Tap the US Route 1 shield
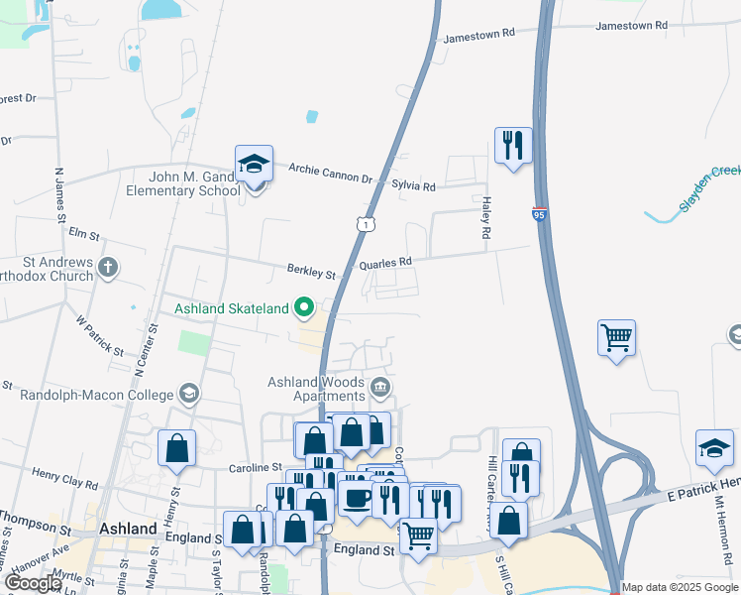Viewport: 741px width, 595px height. click(367, 226)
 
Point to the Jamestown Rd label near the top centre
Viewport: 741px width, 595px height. click(480, 34)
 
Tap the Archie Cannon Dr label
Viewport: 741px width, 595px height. click(330, 174)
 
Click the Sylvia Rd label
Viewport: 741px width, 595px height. click(414, 185)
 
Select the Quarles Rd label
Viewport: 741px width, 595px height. click(385, 263)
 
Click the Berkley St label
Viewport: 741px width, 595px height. click(312, 270)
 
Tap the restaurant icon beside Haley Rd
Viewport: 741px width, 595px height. click(513, 145)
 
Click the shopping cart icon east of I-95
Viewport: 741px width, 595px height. click(616, 338)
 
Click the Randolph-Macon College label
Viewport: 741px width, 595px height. click(97, 395)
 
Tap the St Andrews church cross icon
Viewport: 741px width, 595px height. click(108, 267)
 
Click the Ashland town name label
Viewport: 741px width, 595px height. click(128, 529)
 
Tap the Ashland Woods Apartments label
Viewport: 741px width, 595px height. click(316, 389)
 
